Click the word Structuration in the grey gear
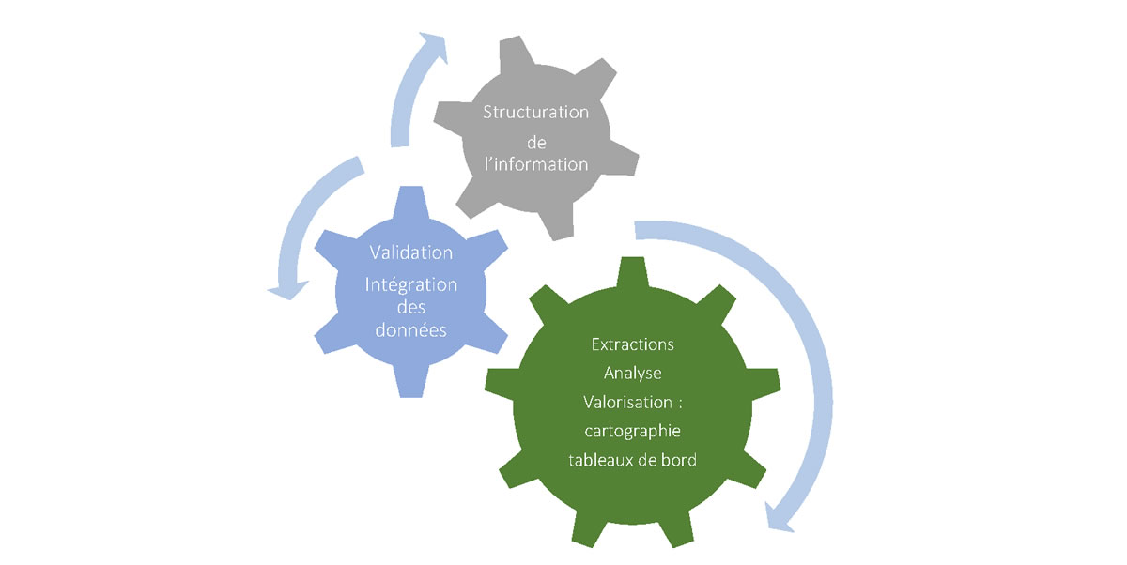[x=535, y=113]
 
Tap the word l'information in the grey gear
[x=535, y=164]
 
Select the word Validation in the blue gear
[x=411, y=252]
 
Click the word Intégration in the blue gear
[x=411, y=283]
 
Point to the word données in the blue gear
[x=411, y=330]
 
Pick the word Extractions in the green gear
[x=632, y=344]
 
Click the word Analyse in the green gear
[x=632, y=373]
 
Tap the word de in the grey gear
[x=535, y=139]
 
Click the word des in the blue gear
[x=411, y=307]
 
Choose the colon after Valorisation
[x=679, y=404]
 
